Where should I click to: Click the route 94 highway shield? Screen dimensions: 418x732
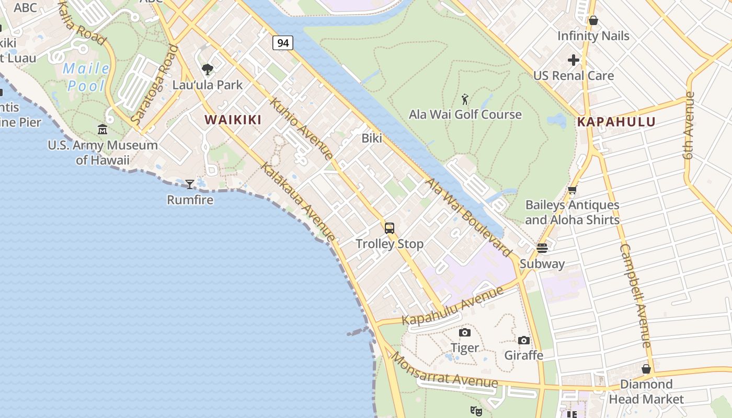(283, 43)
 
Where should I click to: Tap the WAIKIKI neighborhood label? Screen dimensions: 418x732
(233, 120)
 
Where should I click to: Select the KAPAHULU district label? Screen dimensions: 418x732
(616, 122)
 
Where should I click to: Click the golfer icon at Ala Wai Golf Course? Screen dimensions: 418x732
(465, 99)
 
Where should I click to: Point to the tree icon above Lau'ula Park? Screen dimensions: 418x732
(208, 69)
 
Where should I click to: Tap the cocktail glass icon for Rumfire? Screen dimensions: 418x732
(190, 184)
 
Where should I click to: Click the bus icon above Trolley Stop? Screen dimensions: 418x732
(390, 228)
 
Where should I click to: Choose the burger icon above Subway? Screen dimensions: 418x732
(542, 248)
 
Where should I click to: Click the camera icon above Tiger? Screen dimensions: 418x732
(464, 332)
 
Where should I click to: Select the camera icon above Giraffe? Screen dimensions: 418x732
(524, 340)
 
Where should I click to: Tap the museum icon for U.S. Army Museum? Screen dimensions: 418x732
(102, 130)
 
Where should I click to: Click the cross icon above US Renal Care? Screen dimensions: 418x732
(574, 60)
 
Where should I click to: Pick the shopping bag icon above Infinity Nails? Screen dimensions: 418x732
(593, 20)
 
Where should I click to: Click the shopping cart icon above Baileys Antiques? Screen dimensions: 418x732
(573, 190)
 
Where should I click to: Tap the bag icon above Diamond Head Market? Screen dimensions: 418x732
(646, 369)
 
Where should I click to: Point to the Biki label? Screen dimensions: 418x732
(372, 138)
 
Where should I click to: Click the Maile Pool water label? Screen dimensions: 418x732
(86, 77)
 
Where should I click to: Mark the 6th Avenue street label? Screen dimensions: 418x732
(689, 125)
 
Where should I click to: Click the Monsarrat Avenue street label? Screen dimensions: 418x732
(444, 371)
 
